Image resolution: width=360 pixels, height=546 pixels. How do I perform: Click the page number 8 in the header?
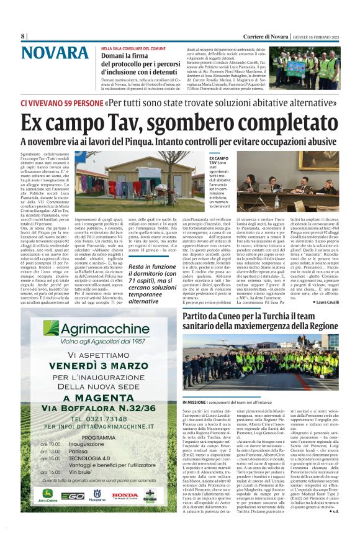22,36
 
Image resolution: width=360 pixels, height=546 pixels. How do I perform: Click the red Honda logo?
125,495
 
